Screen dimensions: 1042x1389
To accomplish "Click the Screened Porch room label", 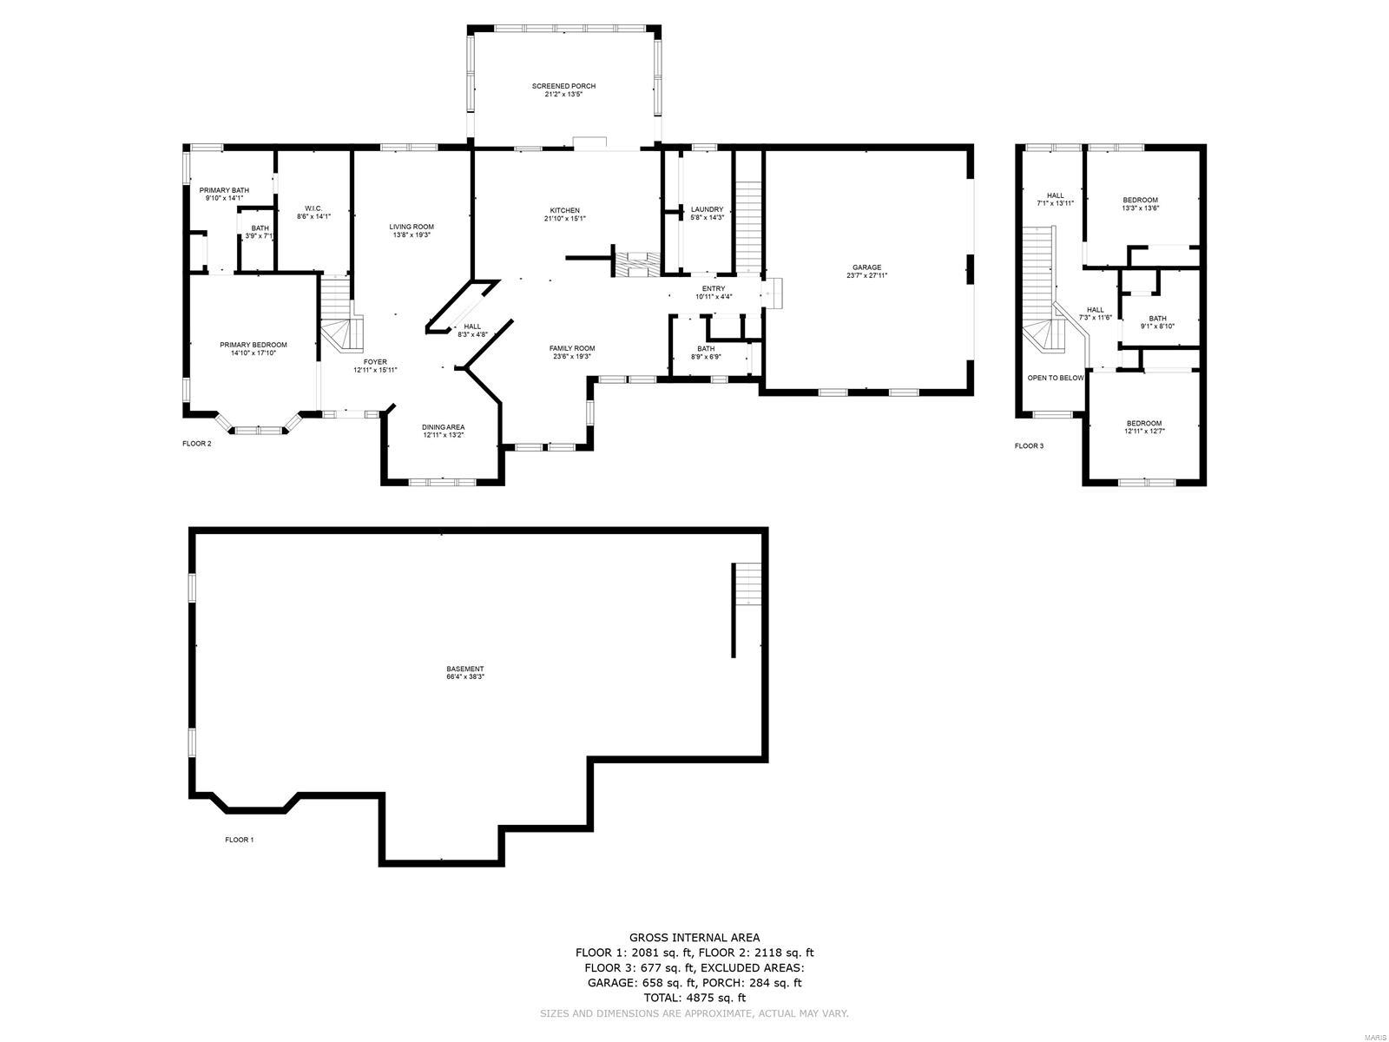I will tap(563, 86).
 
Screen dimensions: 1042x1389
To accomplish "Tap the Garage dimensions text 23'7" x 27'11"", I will tap(866, 276).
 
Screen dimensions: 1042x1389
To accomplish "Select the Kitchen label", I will tap(564, 211).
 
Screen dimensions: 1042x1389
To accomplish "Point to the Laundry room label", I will tap(707, 209).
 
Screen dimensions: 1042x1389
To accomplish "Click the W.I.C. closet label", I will tap(313, 208).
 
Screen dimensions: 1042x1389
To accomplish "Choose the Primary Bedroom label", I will tap(253, 345).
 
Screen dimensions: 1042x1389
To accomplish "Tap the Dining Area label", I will tap(443, 427).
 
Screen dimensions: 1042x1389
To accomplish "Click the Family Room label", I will tap(571, 348).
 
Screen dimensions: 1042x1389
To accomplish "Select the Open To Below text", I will tap(1055, 378).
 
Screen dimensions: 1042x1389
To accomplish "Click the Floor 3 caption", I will tap(1029, 446).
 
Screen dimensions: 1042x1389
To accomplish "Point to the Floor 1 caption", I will tap(239, 840).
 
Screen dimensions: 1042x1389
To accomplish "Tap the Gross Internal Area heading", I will tap(694, 937).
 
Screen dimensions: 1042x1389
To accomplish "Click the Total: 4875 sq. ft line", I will tap(694, 999).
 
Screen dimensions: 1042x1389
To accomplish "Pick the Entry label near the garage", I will tap(713, 288).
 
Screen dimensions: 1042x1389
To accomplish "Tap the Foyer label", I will tap(375, 362).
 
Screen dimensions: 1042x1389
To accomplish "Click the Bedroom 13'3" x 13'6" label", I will tap(1141, 200).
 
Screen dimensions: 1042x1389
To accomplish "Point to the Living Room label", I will tap(411, 227).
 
